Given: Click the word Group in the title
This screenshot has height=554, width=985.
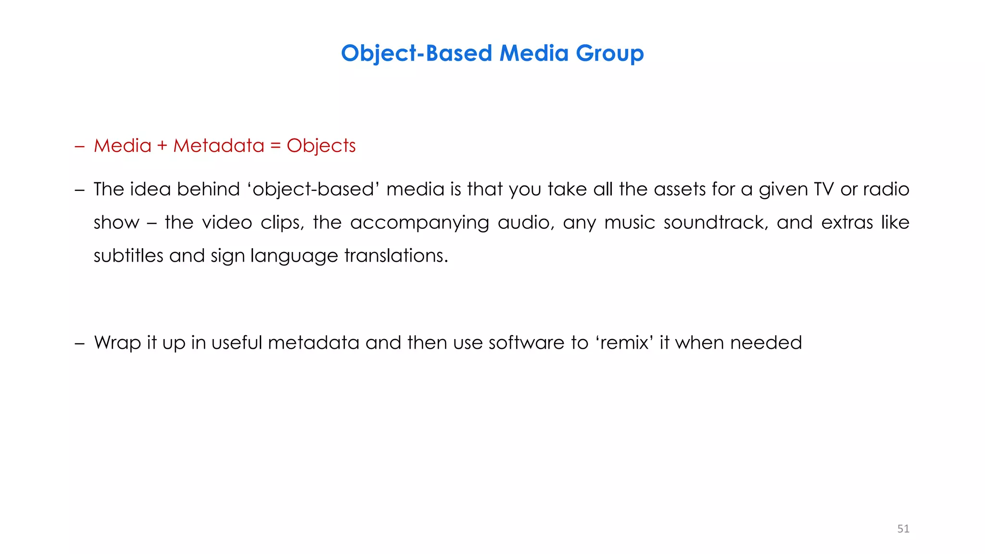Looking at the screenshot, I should click(609, 53).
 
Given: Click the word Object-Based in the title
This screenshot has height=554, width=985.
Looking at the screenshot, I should click(417, 53).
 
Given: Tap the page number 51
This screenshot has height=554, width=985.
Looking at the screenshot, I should click(903, 529).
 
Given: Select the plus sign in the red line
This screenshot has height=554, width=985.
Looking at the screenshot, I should click(162, 146).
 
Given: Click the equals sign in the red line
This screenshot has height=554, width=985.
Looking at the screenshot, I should click(276, 146).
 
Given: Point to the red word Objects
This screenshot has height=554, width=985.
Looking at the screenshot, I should click(321, 146).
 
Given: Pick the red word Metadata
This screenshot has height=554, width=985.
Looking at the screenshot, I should click(219, 146).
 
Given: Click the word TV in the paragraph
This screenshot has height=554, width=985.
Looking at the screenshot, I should click(823, 189).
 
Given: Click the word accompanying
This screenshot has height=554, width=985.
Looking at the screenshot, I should click(419, 223).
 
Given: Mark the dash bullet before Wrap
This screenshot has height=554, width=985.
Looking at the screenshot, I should click(80, 343).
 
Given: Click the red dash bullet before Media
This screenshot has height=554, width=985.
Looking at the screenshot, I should click(80, 146).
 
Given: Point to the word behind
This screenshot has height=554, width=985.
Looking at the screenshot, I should click(208, 189).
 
